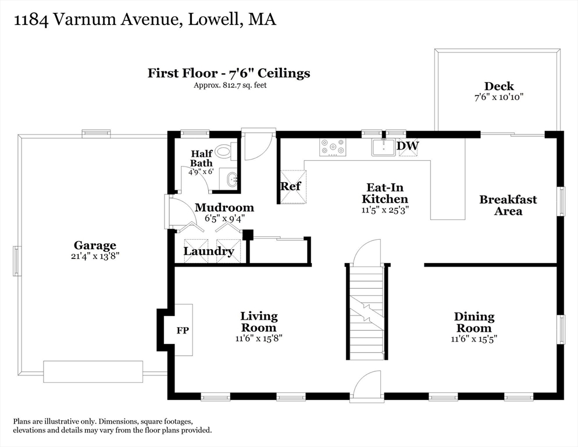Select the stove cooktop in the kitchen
click(333, 146)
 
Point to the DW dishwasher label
click(408, 146)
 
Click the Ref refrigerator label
click(291, 186)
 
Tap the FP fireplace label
click(183, 331)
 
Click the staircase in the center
click(366, 311)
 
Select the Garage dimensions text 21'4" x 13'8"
click(95, 256)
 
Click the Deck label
click(499, 86)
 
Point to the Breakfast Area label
click(508, 205)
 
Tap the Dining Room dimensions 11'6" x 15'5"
click(474, 339)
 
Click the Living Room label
click(259, 322)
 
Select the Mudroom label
click(224, 207)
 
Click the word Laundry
click(209, 251)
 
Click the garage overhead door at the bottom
click(93, 372)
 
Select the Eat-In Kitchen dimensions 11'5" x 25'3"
click(385, 210)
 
